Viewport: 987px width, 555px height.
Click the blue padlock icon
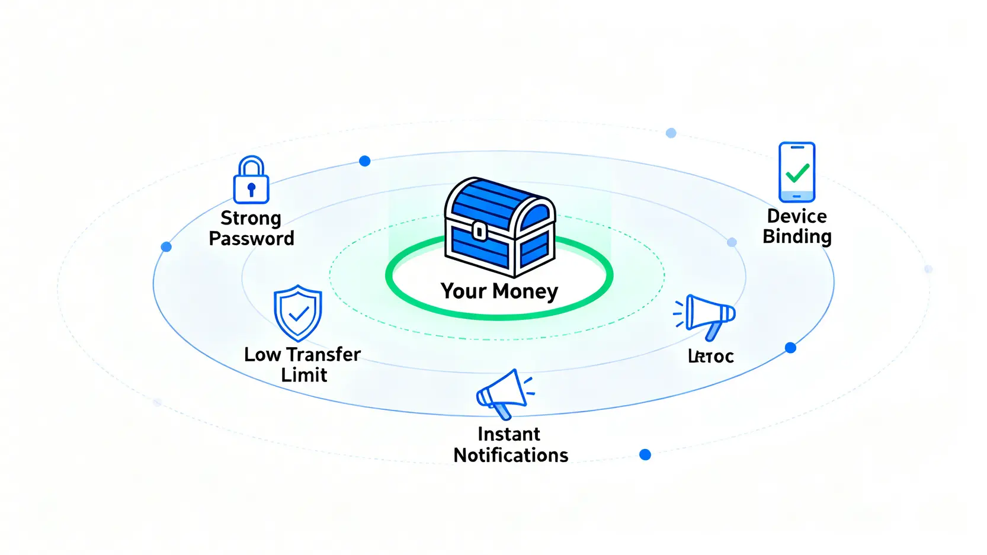tap(251, 180)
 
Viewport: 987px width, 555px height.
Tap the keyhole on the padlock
tap(251, 190)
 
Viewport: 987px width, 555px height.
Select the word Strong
tap(251, 219)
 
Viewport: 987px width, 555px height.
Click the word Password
tap(251, 239)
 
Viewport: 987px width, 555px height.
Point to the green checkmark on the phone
tap(797, 173)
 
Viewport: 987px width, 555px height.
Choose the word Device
tap(797, 216)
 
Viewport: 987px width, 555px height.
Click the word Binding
tap(797, 237)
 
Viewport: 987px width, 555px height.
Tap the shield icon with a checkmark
tap(298, 313)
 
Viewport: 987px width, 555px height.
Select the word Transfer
tap(323, 354)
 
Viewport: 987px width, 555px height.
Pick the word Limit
tap(304, 375)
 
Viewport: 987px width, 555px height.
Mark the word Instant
tap(509, 434)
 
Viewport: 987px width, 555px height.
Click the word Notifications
tap(511, 455)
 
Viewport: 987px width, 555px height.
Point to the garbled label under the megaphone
tap(711, 356)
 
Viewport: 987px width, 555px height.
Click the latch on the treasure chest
tap(479, 231)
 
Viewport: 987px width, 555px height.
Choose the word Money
tap(525, 291)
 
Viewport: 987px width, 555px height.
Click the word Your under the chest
tap(463, 291)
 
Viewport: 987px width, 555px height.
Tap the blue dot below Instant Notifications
tap(645, 455)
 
